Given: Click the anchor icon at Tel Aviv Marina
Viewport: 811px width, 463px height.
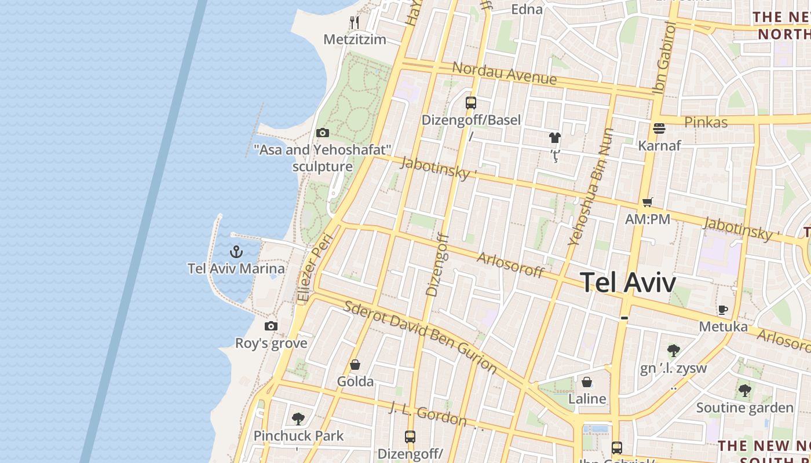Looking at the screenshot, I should point(236,252).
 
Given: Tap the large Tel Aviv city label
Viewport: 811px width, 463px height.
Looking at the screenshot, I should point(628,283).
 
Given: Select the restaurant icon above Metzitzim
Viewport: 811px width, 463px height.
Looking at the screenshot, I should point(355,23).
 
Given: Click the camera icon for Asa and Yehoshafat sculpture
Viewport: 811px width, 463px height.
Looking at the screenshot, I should point(323,133).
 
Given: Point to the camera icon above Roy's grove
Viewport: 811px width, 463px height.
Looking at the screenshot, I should point(271,326).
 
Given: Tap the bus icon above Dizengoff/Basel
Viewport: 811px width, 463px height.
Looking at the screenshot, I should point(471,103).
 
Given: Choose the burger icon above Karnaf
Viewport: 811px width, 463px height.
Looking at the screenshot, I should point(659,128).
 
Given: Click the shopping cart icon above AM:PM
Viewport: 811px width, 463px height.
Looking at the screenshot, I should point(648,203).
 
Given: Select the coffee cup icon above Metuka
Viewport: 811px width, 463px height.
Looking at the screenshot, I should point(723,310).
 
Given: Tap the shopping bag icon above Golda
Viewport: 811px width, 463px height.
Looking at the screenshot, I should point(355,365).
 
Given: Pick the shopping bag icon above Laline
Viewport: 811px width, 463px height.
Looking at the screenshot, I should point(587,382).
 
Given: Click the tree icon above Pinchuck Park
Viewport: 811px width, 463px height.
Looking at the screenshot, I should point(298,418).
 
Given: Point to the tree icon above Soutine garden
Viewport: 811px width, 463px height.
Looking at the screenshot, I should point(745,391).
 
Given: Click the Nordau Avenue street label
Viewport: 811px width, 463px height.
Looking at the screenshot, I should point(504,73).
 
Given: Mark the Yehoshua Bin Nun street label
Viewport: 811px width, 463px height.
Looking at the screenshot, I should point(591,187).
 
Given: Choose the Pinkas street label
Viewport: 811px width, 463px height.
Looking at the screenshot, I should point(706,122).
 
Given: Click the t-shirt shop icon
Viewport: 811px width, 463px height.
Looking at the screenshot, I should point(555,138).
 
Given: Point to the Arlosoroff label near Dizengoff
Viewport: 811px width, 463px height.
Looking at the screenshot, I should point(510,264).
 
